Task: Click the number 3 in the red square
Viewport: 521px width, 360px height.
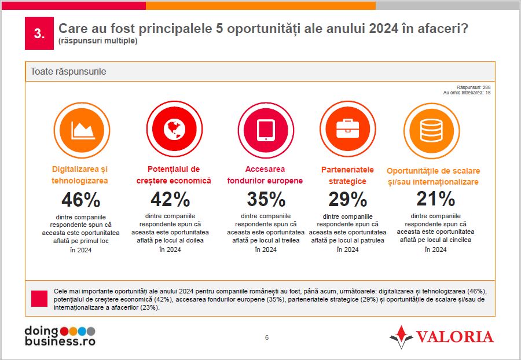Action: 39,34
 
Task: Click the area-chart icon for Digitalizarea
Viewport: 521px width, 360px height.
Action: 82,130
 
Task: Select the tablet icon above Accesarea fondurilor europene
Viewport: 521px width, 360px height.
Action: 266,130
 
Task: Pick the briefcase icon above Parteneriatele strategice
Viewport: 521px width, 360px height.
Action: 347,130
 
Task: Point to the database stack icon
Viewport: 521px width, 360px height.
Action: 431,130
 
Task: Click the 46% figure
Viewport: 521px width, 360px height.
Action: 80,200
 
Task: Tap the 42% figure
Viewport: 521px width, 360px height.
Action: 170,200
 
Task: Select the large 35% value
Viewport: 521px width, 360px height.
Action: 266,200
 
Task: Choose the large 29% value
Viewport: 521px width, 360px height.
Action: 347,200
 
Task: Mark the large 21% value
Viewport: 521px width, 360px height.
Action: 435,199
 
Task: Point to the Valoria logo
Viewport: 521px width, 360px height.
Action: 441,336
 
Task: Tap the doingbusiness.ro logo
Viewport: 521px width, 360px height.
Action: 60,336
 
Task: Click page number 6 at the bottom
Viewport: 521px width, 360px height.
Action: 267,337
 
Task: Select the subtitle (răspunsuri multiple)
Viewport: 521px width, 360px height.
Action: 98,41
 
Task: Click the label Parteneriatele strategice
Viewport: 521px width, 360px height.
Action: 347,175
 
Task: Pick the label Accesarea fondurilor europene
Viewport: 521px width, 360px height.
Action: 265,175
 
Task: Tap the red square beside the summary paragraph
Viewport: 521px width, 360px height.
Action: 39,298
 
